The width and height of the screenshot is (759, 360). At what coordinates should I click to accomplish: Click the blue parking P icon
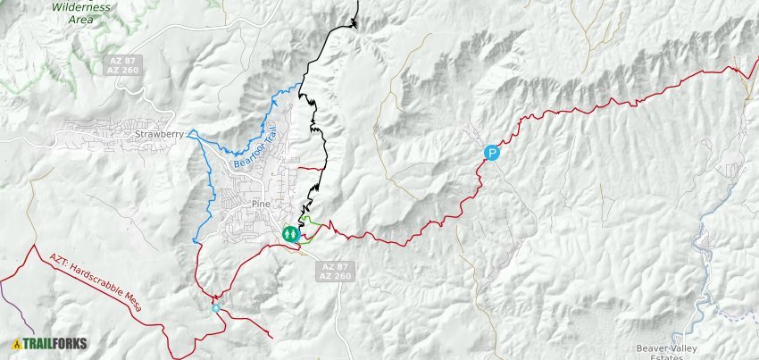[x=491, y=153]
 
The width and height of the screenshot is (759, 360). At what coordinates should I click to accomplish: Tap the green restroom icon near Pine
[x=290, y=234]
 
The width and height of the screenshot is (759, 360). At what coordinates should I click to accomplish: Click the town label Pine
[x=261, y=204]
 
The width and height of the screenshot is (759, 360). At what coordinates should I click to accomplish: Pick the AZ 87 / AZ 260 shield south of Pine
[x=337, y=272]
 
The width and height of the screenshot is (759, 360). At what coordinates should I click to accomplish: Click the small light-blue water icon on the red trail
[x=216, y=308]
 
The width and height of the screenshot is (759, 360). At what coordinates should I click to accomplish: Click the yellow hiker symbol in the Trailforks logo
[x=16, y=343]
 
